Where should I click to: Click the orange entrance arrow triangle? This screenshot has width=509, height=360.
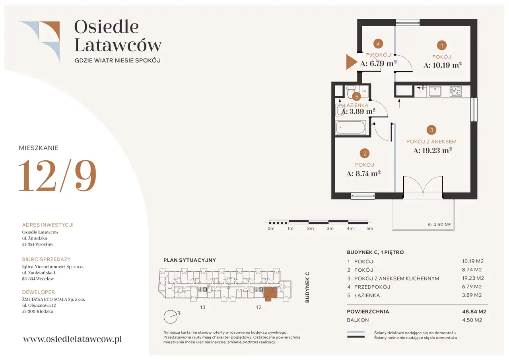[351, 62]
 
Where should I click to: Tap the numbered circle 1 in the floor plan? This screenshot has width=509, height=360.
[442, 45]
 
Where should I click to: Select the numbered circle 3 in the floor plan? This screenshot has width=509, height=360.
[431, 130]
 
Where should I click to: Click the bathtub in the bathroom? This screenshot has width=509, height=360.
[351, 128]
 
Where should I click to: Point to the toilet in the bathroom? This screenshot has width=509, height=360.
[351, 91]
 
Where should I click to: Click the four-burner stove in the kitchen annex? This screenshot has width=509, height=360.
[455, 91]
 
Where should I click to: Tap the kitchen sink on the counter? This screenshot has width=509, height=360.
[435, 91]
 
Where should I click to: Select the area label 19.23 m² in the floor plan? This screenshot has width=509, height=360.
[432, 150]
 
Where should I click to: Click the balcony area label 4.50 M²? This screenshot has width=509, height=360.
[439, 224]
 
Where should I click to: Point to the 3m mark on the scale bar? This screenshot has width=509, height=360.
[330, 228]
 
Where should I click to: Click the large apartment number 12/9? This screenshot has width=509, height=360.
[57, 175]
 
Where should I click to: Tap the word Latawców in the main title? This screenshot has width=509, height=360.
[118, 45]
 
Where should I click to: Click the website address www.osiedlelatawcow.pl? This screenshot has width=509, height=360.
[72, 339]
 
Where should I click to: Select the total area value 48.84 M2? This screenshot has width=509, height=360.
[474, 311]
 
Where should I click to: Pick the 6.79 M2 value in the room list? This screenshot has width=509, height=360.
[472, 286]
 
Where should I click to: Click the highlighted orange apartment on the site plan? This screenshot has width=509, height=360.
[270, 293]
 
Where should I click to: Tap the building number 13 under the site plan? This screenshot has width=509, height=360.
[203, 307]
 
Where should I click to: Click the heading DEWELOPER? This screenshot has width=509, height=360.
[39, 292]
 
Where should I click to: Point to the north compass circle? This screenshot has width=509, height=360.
[171, 317]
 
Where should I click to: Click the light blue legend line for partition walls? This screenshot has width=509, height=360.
[356, 332]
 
